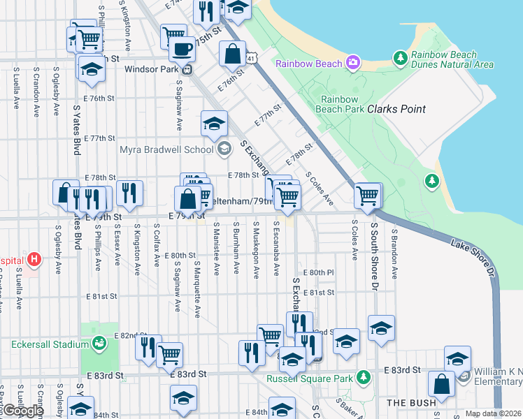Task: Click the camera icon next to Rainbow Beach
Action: pos(354,63)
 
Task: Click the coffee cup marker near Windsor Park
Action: pos(182,50)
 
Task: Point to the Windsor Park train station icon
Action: pos(187,69)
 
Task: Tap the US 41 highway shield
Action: pos(250,59)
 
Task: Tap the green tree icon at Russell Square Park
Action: pos(363,378)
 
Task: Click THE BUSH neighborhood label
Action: pos(412,403)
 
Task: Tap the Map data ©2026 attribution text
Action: pos(493,413)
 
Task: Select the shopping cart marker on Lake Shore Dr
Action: pos(367,196)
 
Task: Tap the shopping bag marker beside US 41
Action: pos(232,53)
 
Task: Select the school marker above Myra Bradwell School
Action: pos(214,123)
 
